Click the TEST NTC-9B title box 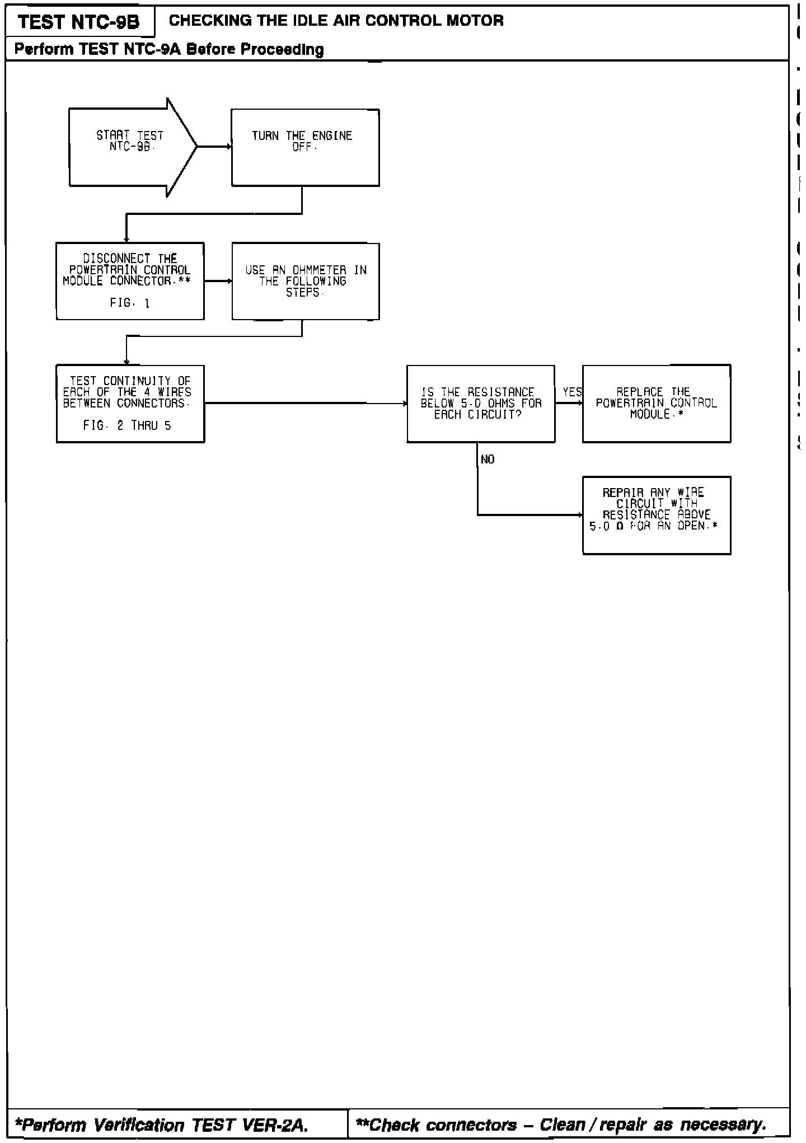click(x=78, y=22)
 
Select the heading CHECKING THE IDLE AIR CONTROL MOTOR click(x=336, y=21)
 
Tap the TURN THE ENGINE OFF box click(x=305, y=147)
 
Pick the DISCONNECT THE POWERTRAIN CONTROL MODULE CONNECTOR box click(x=130, y=280)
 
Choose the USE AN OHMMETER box click(x=305, y=280)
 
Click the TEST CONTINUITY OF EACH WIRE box click(x=130, y=403)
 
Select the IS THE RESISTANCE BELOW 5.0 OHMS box click(x=480, y=403)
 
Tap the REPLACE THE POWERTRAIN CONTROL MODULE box click(x=656, y=403)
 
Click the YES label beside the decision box click(x=572, y=392)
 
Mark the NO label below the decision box click(x=488, y=460)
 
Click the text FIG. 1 click(x=130, y=303)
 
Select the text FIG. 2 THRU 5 click(x=127, y=426)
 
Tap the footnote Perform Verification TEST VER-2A click(x=162, y=1125)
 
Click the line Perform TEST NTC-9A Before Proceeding click(x=169, y=50)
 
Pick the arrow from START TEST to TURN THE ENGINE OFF click(x=214, y=147)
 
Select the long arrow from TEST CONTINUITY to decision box click(x=306, y=403)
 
